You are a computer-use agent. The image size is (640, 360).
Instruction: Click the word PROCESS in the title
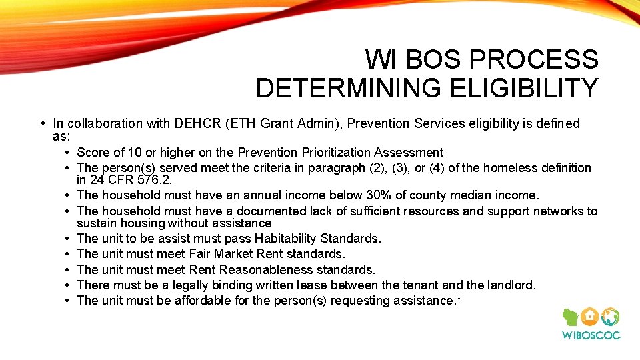coord(534,60)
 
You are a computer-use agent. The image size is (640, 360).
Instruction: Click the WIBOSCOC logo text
coord(590,335)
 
